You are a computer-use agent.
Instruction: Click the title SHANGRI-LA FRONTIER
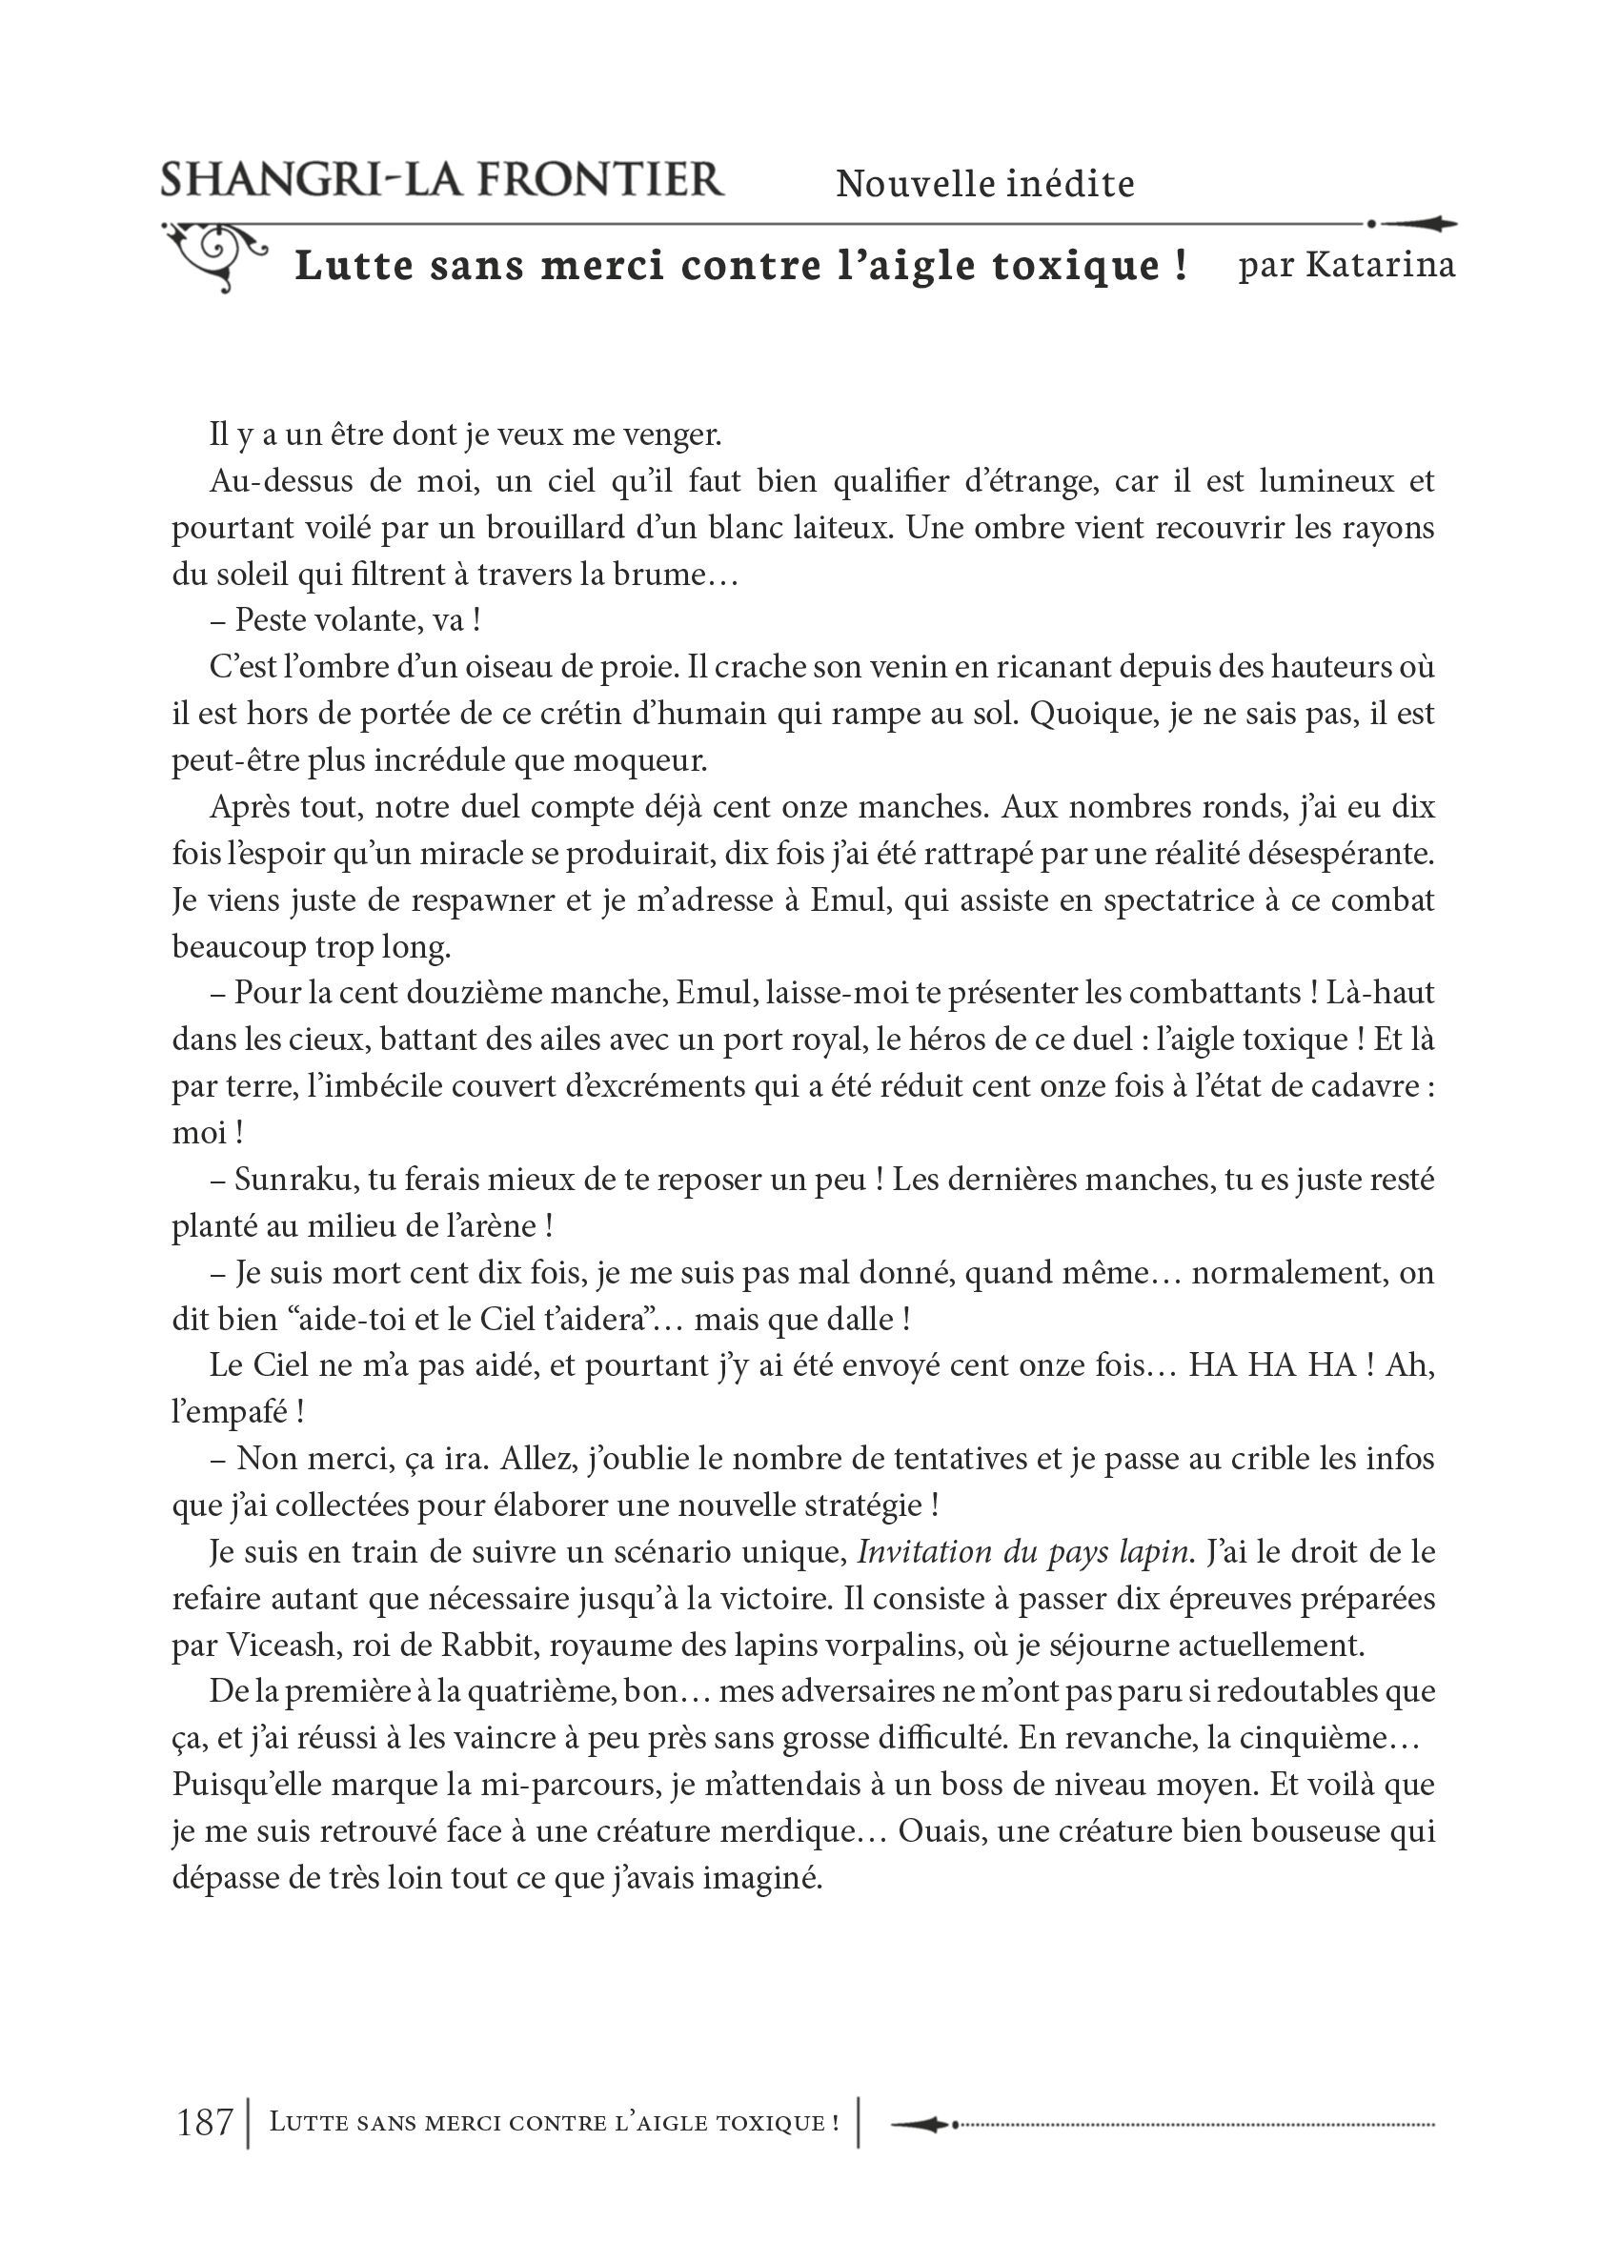442,181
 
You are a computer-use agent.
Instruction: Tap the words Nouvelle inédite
984,184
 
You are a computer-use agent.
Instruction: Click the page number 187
204,2122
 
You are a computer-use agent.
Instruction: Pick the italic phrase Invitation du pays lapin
1022,1552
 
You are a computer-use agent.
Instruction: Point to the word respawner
456,900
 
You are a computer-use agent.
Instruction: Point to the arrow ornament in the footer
924,2122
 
